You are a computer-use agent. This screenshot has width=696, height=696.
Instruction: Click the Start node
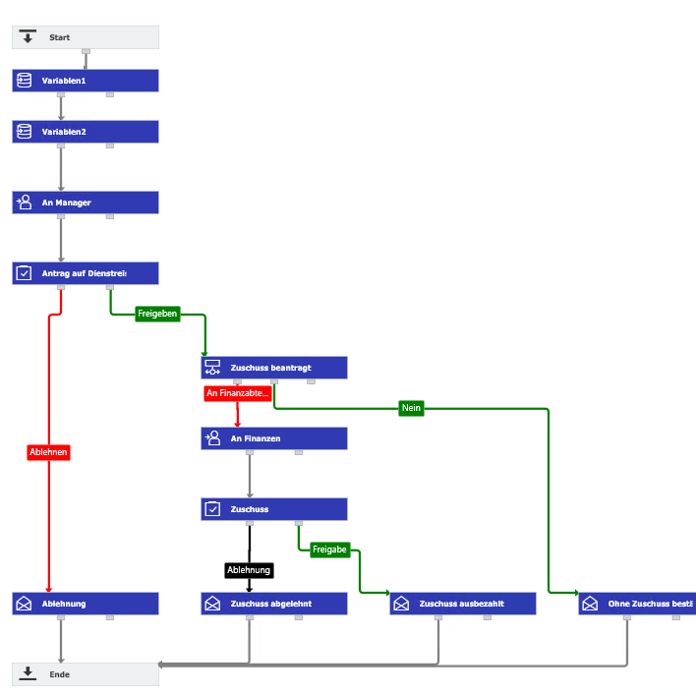(x=85, y=37)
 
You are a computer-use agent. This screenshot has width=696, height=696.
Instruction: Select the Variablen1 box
(x=85, y=81)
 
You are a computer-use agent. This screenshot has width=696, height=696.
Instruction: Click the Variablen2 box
(x=85, y=132)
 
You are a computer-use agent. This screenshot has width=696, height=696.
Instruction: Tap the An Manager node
(x=85, y=203)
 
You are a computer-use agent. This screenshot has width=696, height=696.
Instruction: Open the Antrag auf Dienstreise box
(x=85, y=273)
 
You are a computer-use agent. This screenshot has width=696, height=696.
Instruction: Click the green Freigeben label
(x=157, y=314)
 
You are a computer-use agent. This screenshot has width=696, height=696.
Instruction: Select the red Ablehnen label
(x=48, y=452)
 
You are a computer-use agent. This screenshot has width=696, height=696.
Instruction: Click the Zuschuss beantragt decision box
(x=273, y=368)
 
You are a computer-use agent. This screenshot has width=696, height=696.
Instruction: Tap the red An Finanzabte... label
(x=237, y=393)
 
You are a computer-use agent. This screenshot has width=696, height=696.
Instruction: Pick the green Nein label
(x=411, y=408)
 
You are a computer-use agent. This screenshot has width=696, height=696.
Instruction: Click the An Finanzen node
(x=273, y=438)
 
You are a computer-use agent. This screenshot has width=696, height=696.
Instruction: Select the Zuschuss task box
(x=273, y=509)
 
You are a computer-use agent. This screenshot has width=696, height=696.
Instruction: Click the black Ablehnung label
(x=249, y=570)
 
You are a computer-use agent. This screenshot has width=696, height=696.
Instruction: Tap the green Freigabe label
(x=329, y=550)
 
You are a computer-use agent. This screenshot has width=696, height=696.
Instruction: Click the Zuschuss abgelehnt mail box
(x=273, y=604)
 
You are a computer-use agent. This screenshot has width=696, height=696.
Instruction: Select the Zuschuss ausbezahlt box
(x=462, y=604)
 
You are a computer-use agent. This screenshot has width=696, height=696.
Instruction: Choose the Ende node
(x=85, y=674)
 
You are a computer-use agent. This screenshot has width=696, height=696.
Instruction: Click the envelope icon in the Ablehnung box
(x=25, y=604)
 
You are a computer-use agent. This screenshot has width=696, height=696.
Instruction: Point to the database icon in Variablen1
(x=25, y=81)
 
